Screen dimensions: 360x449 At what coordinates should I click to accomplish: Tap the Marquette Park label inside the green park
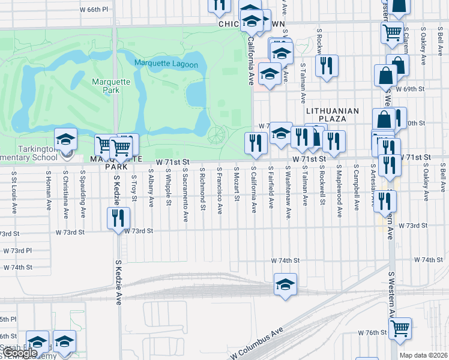coord(106,86)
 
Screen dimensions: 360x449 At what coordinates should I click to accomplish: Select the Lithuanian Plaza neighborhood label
coord(332,115)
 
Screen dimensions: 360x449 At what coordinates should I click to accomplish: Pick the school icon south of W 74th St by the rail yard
coord(285,284)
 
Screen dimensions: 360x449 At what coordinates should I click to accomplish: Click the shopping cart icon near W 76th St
coord(400,328)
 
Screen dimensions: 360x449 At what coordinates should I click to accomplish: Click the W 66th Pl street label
coord(94,10)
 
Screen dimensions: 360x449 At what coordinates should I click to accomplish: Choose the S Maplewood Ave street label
coord(339,190)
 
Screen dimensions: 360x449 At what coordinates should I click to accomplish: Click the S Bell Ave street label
coord(442,180)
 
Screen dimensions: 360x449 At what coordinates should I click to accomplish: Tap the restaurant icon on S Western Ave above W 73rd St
coord(385,201)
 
